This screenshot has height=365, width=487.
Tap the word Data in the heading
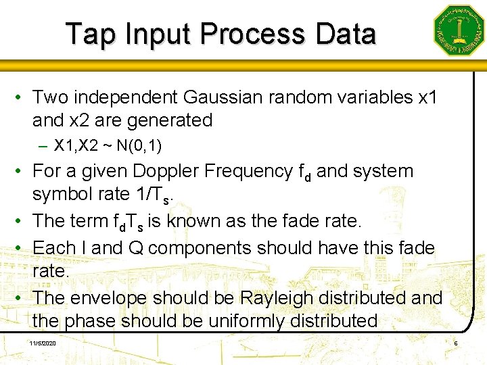click(344, 34)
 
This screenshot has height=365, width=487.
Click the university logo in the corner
click(459, 30)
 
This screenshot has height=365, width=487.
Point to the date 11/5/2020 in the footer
click(43, 344)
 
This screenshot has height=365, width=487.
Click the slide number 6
click(456, 344)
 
